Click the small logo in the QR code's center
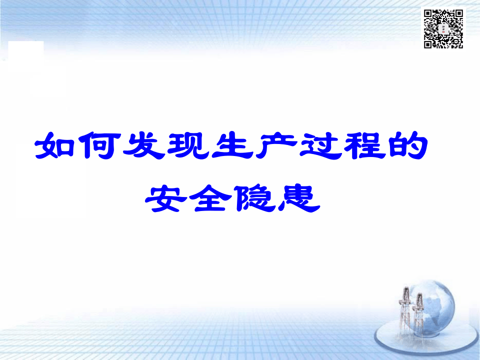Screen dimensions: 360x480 pyautogui.click(x=444, y=29)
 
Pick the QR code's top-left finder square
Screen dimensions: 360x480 pyautogui.click(x=428, y=14)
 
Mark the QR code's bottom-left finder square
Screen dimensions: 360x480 pyautogui.click(x=428, y=44)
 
